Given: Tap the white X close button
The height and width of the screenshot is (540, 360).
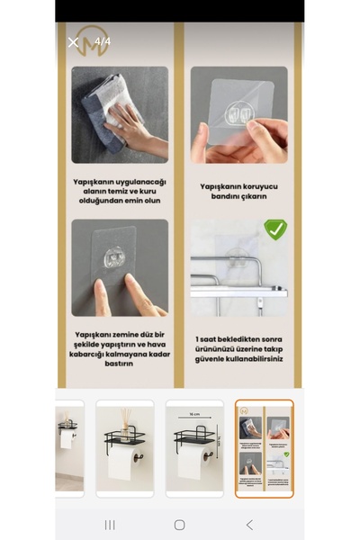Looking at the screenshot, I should click(73, 42).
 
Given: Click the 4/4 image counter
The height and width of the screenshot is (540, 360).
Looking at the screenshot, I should click(103, 41).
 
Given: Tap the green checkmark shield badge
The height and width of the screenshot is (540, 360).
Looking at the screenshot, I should click(275, 229).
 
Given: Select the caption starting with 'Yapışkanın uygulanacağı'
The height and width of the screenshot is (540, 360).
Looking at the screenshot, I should click(120, 192).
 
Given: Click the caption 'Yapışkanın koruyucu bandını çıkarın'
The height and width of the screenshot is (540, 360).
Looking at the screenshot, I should click(239, 192).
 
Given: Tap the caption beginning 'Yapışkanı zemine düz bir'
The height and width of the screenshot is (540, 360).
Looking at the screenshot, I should click(120, 348).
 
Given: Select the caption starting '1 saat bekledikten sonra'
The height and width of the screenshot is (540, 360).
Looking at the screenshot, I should click(239, 348).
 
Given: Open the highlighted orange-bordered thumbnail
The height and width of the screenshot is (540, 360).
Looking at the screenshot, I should click(264, 448).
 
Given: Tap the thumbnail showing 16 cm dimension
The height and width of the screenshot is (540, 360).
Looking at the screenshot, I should click(194, 448).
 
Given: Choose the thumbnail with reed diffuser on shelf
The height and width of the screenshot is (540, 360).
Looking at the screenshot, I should click(125, 448).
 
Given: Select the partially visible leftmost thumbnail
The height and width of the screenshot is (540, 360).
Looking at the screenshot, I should click(69, 448).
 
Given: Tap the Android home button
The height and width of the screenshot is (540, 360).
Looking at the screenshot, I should click(180, 525).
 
